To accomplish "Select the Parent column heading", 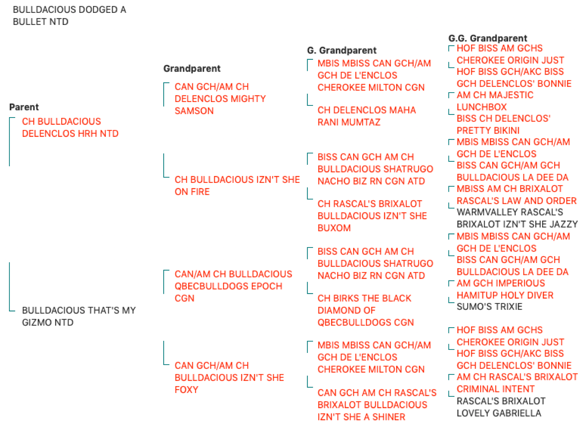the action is pyautogui.click(x=24, y=107).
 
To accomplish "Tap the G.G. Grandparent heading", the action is pyautogui.click(x=488, y=38).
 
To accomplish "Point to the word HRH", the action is pyautogui.click(x=88, y=134).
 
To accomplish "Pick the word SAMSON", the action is pyautogui.click(x=194, y=111).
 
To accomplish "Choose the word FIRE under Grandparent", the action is pyautogui.click(x=200, y=192).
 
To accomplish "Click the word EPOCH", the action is pyautogui.click(x=267, y=286).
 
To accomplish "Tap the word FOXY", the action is pyautogui.click(x=186, y=390).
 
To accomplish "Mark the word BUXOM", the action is pyautogui.click(x=334, y=228).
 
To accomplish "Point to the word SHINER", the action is pyautogui.click(x=389, y=417).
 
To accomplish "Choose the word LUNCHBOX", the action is pyautogui.click(x=482, y=107).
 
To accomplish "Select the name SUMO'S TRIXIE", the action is pyautogui.click(x=489, y=307).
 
